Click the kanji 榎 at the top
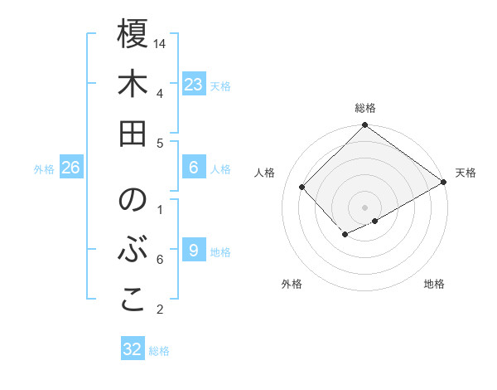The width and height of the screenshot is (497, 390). (x=133, y=35)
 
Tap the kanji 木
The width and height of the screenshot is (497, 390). (x=133, y=85)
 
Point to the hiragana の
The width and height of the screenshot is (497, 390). (x=133, y=201)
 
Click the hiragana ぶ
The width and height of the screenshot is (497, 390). (x=133, y=251)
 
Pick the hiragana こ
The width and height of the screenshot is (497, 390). (x=133, y=300)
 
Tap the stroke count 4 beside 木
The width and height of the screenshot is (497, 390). (x=159, y=92)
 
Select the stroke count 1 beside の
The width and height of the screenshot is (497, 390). (x=159, y=209)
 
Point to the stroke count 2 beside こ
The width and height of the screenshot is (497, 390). (x=159, y=310)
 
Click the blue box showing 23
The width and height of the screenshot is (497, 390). (x=194, y=85)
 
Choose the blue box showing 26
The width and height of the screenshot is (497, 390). (x=70, y=168)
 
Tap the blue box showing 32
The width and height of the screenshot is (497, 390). (x=133, y=349)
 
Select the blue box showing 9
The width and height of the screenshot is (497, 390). (x=193, y=251)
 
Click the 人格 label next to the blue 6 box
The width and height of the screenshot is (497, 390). (x=220, y=169)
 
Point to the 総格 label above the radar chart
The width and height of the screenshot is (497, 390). (x=365, y=108)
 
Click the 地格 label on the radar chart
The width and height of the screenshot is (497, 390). (x=434, y=284)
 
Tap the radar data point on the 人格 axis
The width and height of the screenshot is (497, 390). (x=302, y=187)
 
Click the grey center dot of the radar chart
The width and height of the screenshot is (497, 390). (x=364, y=206)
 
